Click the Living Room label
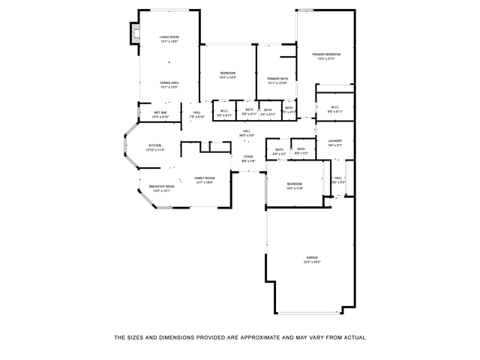169,37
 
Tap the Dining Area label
169,83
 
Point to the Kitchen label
155,145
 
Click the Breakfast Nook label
162,186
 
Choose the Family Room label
205,178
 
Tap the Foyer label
248,157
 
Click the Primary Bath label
277,79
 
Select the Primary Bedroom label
326,55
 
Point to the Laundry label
335,141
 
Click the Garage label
312,257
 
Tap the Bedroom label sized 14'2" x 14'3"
228,73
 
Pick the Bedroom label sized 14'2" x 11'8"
294,184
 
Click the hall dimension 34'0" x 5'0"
247,136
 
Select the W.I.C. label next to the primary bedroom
335,107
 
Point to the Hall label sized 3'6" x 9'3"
338,178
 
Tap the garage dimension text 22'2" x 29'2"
312,262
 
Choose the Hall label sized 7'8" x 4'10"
197,112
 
